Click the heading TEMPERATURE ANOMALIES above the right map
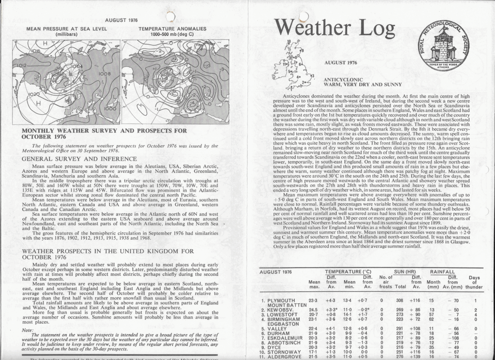tap(172, 29)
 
